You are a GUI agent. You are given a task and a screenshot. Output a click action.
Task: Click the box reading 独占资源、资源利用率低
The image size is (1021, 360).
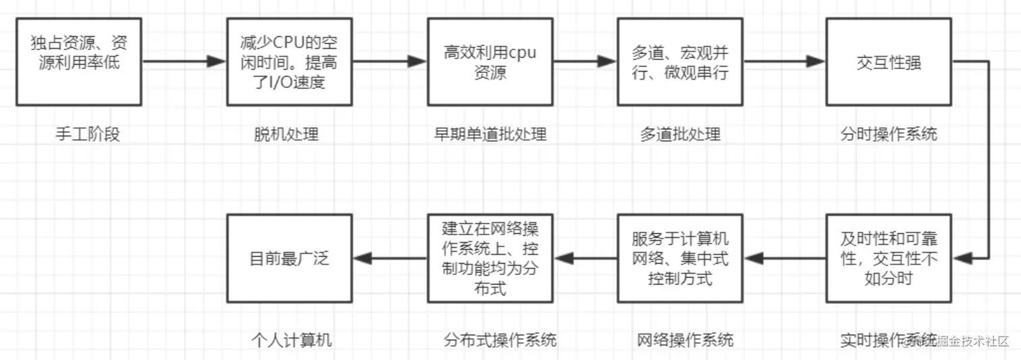(79, 61)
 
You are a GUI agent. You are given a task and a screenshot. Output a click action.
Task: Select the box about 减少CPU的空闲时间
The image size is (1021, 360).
(290, 61)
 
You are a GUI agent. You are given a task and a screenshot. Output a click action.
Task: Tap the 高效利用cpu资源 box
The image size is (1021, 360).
(490, 61)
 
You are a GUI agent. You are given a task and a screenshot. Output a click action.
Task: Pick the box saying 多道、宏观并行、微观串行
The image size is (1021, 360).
(680, 61)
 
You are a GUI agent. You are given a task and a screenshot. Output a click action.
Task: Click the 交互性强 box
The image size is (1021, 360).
(889, 61)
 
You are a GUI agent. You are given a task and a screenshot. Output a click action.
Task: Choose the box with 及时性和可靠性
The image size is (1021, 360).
(889, 258)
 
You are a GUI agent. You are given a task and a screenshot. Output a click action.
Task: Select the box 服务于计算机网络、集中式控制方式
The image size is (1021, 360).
(680, 258)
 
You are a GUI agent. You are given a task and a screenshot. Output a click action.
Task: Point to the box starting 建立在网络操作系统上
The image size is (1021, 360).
(490, 258)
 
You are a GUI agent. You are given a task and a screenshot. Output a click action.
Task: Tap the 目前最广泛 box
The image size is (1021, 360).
(290, 258)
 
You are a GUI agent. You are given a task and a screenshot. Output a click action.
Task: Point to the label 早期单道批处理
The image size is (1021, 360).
(490, 134)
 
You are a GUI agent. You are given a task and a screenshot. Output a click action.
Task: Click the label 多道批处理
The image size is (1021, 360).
(680, 134)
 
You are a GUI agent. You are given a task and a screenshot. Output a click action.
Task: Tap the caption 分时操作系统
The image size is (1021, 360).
(889, 134)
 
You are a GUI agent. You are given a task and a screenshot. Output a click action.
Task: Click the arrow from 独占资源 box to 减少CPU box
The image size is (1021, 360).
(184, 61)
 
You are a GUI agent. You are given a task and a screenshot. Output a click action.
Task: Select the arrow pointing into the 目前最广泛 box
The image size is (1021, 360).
(390, 258)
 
